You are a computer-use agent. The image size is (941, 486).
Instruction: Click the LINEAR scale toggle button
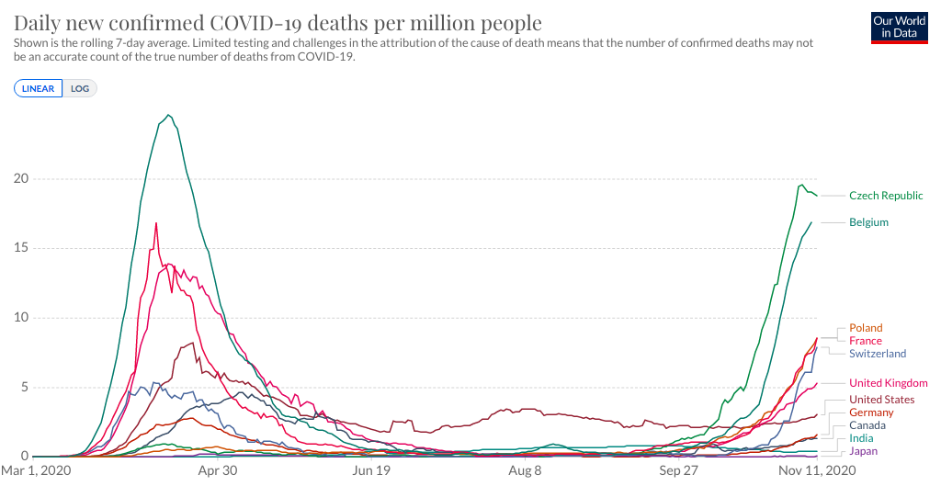[39, 89]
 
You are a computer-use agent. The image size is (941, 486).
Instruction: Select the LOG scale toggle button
[80, 89]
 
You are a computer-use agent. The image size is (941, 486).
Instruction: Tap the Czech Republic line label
[886, 196]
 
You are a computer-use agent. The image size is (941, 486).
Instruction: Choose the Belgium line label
[868, 222]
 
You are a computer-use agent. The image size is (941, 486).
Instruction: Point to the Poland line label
[866, 328]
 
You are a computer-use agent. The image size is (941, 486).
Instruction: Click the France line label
[866, 341]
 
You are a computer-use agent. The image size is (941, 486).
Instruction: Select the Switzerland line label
[878, 354]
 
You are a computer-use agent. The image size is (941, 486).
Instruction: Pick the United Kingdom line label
[888, 383]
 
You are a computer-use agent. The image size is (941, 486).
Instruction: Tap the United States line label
[881, 400]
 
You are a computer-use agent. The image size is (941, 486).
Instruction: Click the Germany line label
[871, 413]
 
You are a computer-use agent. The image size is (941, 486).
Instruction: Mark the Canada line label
[867, 425]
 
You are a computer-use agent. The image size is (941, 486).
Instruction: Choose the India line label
[862, 438]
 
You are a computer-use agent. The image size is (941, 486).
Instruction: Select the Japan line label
[864, 451]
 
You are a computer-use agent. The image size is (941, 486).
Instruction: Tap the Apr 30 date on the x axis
[218, 470]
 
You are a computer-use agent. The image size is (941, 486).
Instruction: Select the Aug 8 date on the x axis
[525, 470]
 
